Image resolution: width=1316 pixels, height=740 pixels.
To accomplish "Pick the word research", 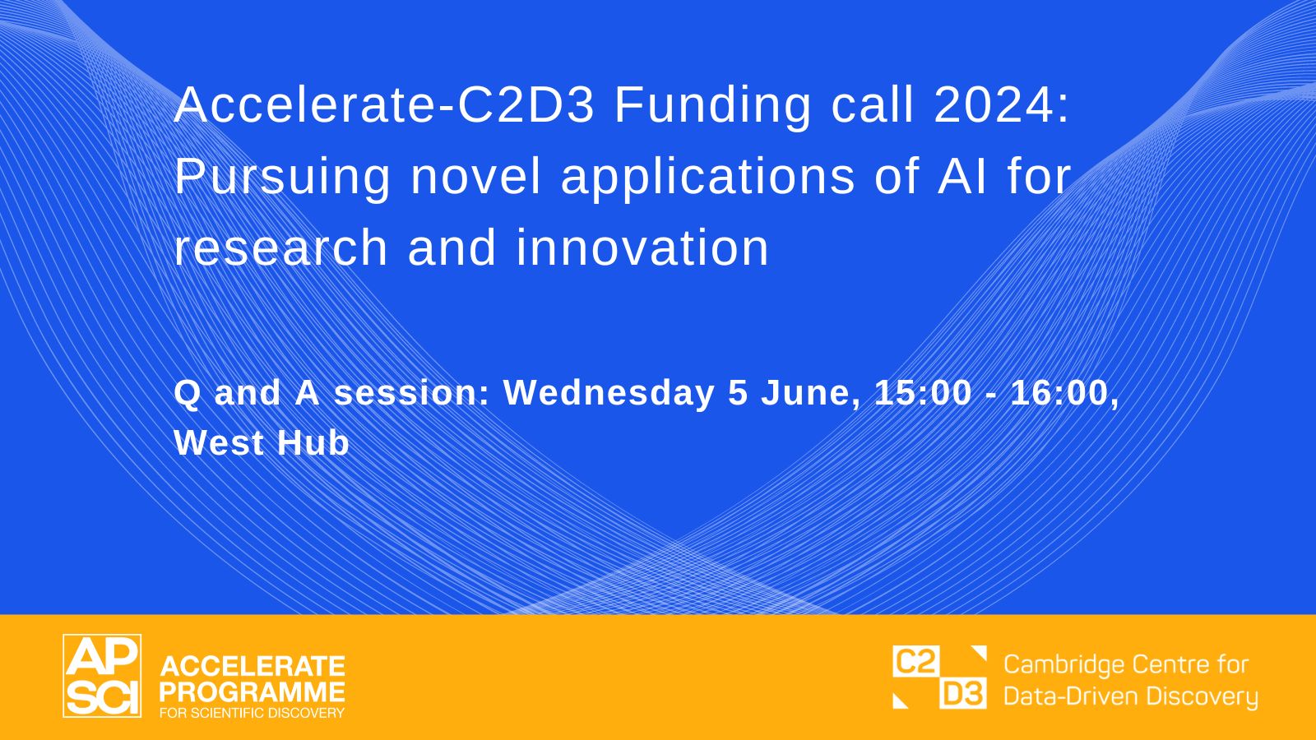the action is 280,247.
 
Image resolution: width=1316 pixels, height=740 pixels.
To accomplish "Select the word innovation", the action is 642,247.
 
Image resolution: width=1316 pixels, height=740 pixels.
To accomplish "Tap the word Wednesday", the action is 609,394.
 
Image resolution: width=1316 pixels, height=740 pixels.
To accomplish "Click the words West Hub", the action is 262,443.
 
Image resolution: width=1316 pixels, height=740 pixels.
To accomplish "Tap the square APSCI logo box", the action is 102,676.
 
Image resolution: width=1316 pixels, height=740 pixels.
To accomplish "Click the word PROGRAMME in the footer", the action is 252,691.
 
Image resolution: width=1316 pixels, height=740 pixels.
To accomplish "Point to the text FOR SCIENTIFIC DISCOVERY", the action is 252,713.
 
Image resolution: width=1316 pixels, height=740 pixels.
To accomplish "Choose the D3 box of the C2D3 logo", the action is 963,693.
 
